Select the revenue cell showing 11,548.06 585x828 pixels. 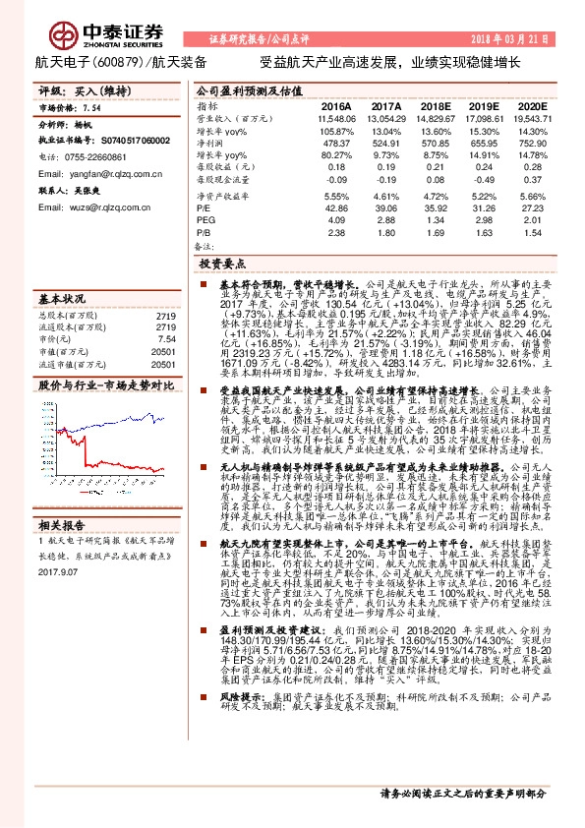click(335, 118)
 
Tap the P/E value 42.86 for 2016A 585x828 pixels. click(336, 208)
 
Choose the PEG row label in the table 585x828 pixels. click(206, 221)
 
